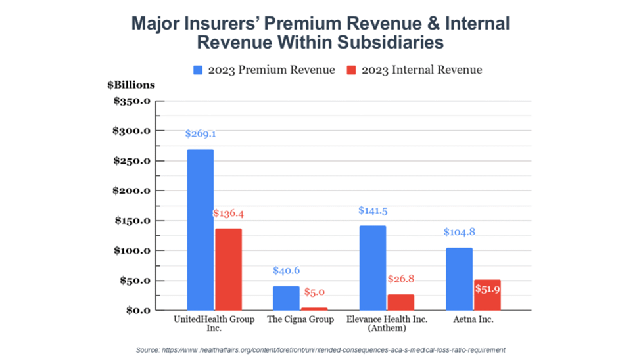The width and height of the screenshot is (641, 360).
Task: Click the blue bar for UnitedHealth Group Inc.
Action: click(200, 230)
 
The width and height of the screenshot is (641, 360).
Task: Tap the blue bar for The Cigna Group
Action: click(285, 298)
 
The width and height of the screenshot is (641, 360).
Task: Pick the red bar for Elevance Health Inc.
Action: click(400, 302)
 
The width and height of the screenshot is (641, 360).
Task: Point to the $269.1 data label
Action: click(201, 134)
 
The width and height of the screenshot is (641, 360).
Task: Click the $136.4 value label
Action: click(228, 214)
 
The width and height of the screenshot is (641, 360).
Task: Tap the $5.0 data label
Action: click(314, 292)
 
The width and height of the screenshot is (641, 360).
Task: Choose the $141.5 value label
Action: click(373, 210)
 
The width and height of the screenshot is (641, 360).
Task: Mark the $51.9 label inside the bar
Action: click(487, 290)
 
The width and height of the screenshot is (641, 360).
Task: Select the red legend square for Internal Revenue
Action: click(350, 70)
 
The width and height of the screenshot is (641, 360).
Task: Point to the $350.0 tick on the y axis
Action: click(132, 101)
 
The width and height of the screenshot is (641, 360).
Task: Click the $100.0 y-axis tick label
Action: click(132, 251)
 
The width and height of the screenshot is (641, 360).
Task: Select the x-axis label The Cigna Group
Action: click(300, 319)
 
